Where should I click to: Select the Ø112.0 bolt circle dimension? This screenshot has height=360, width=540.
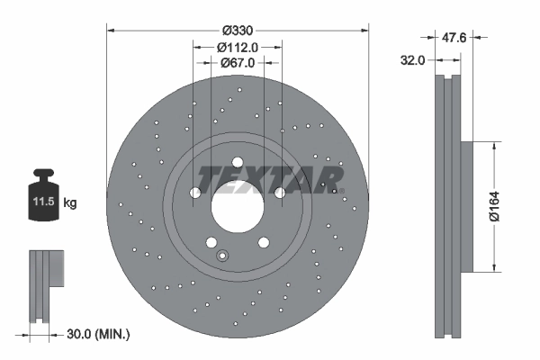[238, 48]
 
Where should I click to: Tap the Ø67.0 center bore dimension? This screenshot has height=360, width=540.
[238, 63]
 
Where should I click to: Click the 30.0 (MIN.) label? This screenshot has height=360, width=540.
[99, 334]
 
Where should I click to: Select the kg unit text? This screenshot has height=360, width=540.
[70, 204]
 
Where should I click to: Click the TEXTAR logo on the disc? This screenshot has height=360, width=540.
[270, 180]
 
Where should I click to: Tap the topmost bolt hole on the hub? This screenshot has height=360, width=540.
[238, 162]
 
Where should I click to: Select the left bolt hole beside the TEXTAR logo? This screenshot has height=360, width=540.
[195, 193]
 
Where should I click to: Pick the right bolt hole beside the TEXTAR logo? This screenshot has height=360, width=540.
[280, 193]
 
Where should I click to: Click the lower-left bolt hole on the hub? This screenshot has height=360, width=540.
[211, 242]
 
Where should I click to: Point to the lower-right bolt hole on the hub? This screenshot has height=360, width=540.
[264, 242]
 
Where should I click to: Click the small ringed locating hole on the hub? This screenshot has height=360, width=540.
[222, 257]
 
